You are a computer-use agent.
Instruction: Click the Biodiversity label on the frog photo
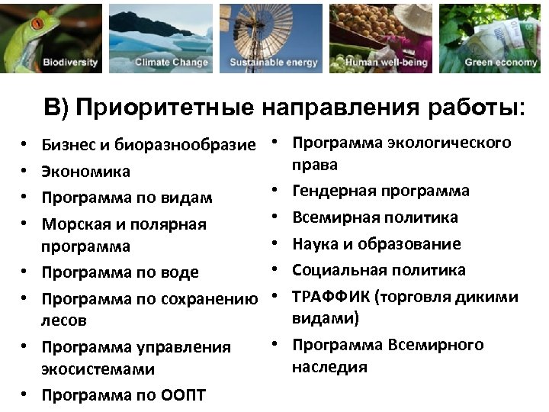(70, 63)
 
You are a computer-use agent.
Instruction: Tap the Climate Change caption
(172, 63)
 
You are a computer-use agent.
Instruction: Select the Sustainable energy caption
(274, 63)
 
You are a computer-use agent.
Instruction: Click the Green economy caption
(500, 63)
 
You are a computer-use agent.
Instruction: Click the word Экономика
(85, 172)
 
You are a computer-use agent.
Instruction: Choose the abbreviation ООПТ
(184, 395)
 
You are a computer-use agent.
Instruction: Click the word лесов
(64, 320)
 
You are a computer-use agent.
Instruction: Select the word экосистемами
(98, 369)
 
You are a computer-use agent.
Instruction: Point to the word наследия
(329, 367)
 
